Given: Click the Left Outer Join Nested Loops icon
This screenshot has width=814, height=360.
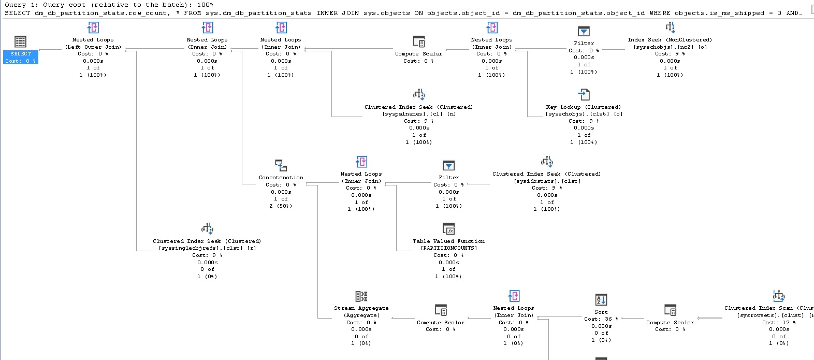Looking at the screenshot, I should click(93, 28).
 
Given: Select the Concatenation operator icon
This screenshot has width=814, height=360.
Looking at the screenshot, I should click(281, 166).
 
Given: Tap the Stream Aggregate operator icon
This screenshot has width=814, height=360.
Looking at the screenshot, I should click(361, 296).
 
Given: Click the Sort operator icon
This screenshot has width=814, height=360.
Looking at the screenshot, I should click(601, 299).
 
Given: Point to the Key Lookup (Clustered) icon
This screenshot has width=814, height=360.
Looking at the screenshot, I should click(584, 95).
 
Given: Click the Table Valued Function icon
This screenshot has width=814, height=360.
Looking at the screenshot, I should click(448, 229).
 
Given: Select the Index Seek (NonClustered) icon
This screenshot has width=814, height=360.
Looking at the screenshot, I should click(670, 27).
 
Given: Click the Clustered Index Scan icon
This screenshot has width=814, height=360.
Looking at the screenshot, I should click(779, 296).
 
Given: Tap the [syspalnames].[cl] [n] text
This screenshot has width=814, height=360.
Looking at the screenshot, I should click(419, 114).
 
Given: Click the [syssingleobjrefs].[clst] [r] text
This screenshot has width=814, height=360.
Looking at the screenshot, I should click(207, 248).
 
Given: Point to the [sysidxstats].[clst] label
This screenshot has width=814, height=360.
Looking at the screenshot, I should click(547, 181).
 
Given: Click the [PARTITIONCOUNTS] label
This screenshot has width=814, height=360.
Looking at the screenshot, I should click(448, 248).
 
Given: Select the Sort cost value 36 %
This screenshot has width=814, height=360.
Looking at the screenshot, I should click(601, 319).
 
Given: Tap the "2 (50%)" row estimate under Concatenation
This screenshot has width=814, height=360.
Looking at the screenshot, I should click(281, 206).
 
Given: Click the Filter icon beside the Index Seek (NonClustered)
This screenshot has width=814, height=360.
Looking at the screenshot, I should click(584, 32).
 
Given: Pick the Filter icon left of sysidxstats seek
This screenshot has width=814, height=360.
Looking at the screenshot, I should click(448, 166).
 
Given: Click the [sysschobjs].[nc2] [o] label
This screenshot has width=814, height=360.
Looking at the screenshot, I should click(670, 47).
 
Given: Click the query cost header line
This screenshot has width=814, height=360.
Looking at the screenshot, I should click(109, 5).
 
